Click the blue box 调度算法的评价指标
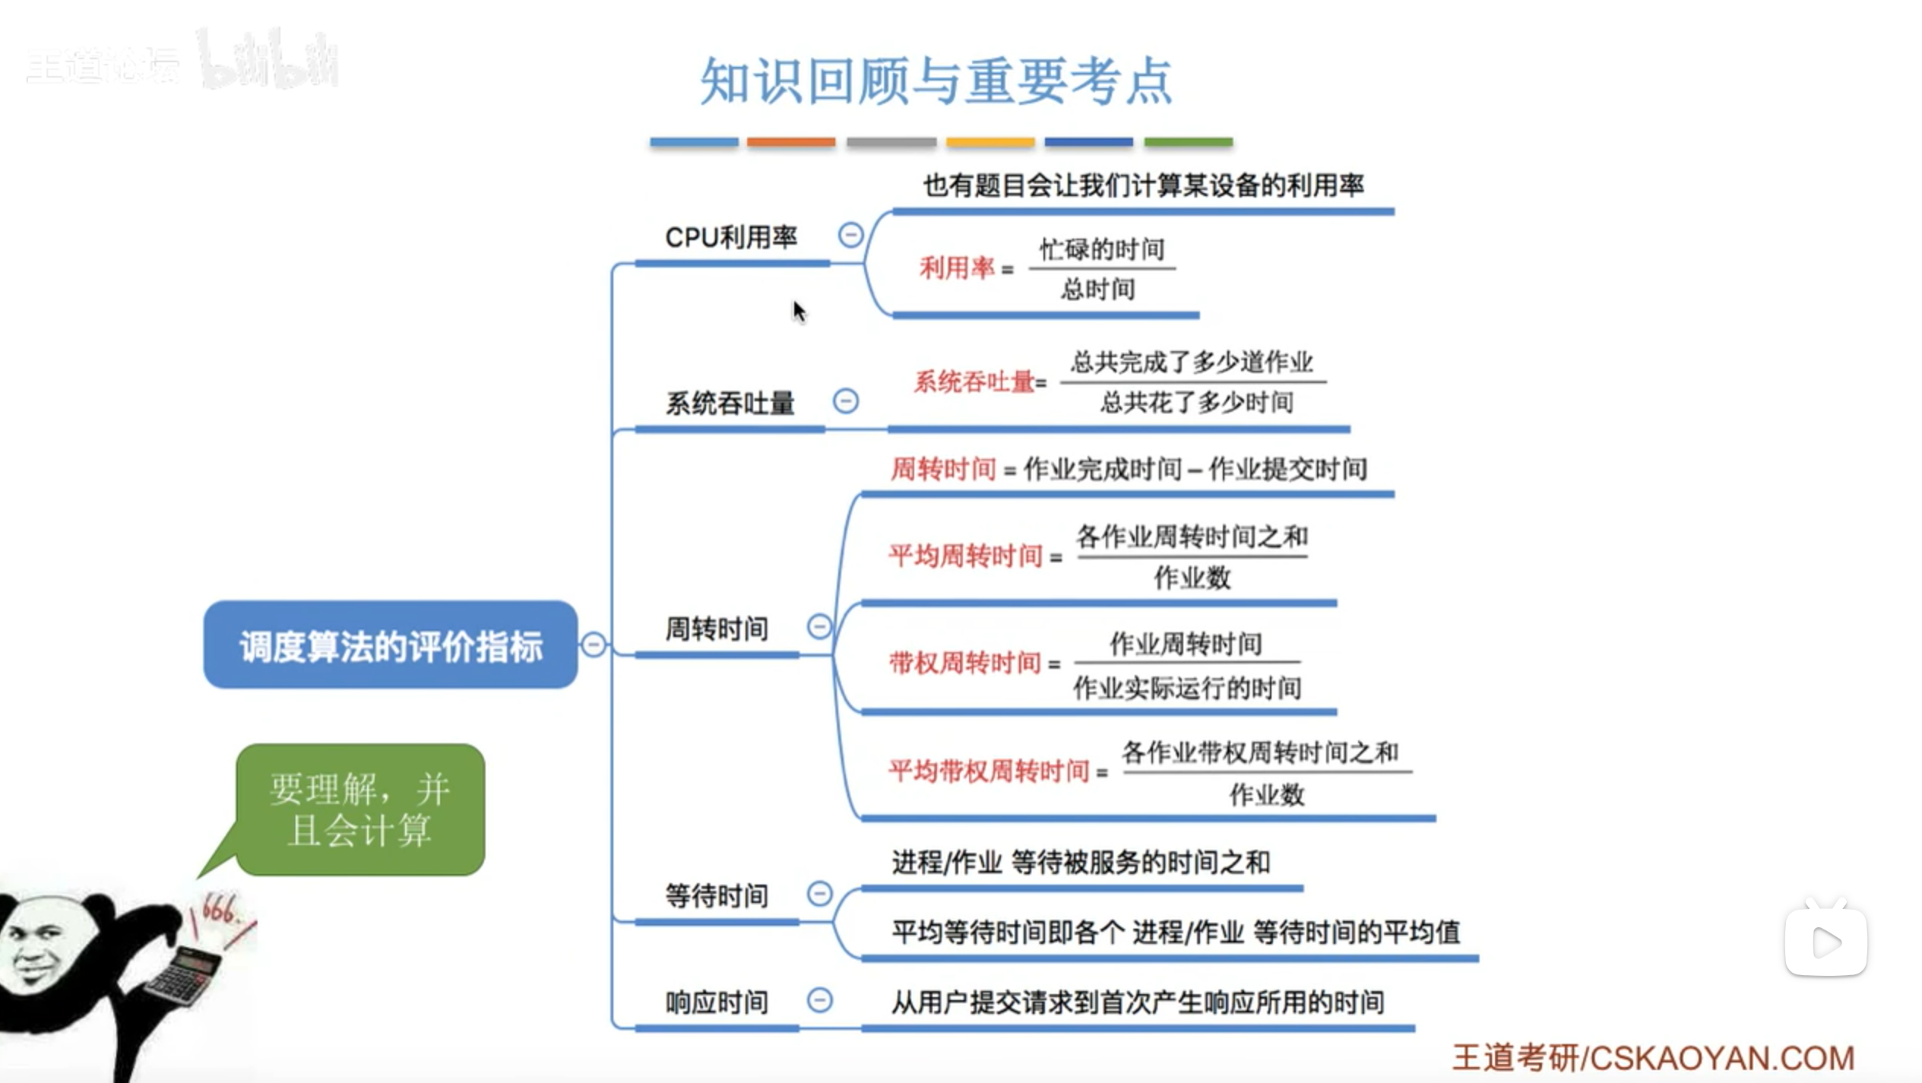coord(391,645)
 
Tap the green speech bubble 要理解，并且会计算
coord(360,809)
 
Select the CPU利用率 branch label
coord(731,237)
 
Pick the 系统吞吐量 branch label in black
coord(730,403)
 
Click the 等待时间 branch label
coord(717,895)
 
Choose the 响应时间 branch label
coord(717,1002)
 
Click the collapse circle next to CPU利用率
coord(850,235)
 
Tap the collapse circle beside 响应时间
coord(819,1000)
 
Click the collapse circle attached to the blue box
coord(594,644)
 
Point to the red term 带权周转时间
coord(964,663)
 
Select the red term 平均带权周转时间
coord(989,771)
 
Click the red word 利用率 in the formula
coord(957,268)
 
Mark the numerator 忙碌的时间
coord(1102,249)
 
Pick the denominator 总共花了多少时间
coord(1196,402)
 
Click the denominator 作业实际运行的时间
coord(1187,688)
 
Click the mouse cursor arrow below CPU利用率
coord(798,310)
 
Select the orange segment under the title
coord(790,142)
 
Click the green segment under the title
coord(1188,142)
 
